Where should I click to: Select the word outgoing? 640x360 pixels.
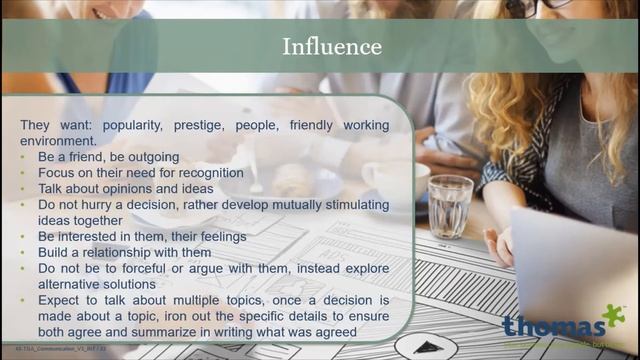(150, 157)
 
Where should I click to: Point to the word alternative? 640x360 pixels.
(69, 284)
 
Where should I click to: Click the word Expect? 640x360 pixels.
(60, 300)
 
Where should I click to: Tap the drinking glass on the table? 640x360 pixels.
(450, 206)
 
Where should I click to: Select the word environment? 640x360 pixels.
(55, 141)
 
